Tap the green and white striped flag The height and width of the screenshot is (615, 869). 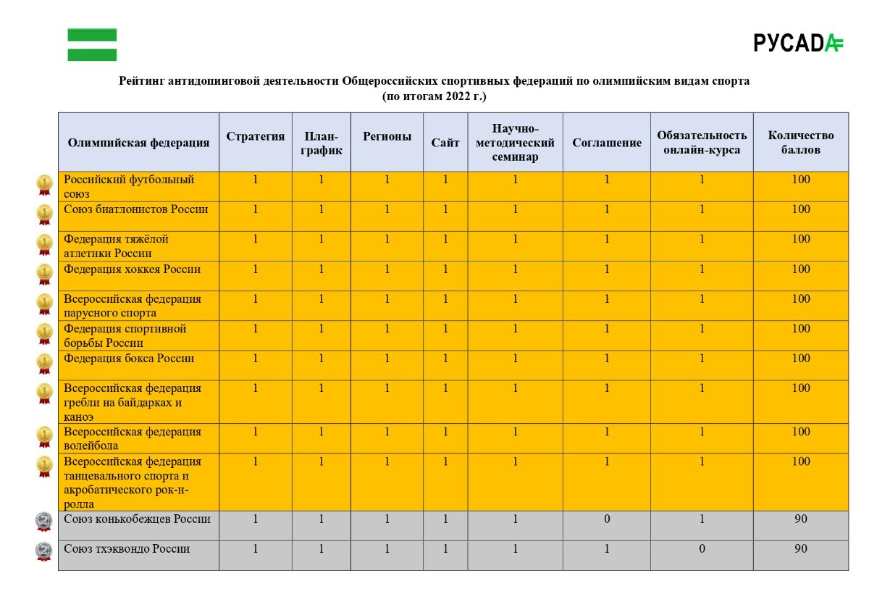(92, 44)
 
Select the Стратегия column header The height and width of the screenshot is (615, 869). (256, 136)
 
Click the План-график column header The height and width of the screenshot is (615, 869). (321, 143)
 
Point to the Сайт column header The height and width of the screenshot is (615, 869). (445, 143)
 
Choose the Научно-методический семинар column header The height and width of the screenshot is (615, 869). (515, 143)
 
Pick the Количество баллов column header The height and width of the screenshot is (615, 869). (800, 143)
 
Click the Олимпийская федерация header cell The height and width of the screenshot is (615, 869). (138, 143)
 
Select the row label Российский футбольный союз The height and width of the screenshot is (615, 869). (129, 186)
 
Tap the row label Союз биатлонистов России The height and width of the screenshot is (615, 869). (136, 209)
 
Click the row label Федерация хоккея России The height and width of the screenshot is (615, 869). (133, 269)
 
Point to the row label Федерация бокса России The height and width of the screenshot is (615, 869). (129, 358)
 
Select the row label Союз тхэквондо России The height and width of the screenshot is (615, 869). (127, 548)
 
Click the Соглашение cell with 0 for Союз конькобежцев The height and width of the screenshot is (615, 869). (607, 519)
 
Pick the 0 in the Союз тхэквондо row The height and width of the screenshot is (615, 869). (702, 549)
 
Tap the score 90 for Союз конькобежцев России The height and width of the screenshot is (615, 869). (800, 519)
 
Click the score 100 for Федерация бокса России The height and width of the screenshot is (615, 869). (800, 359)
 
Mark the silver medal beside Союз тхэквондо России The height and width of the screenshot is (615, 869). (44, 551)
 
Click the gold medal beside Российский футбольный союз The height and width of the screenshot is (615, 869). (45, 184)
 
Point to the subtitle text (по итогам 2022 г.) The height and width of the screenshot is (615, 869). (434, 96)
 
